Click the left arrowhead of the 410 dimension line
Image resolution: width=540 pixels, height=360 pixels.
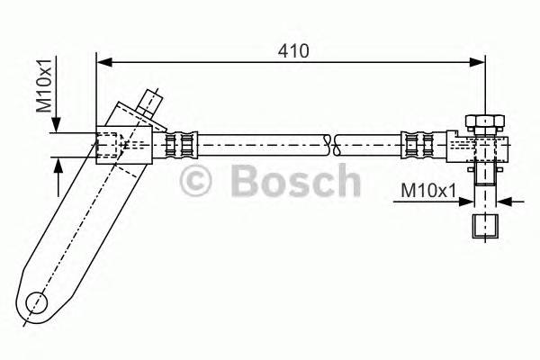[x=102, y=62]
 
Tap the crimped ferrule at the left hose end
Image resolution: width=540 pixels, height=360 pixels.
[x=180, y=143]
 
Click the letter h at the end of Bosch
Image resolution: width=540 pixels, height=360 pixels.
[x=346, y=181]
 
